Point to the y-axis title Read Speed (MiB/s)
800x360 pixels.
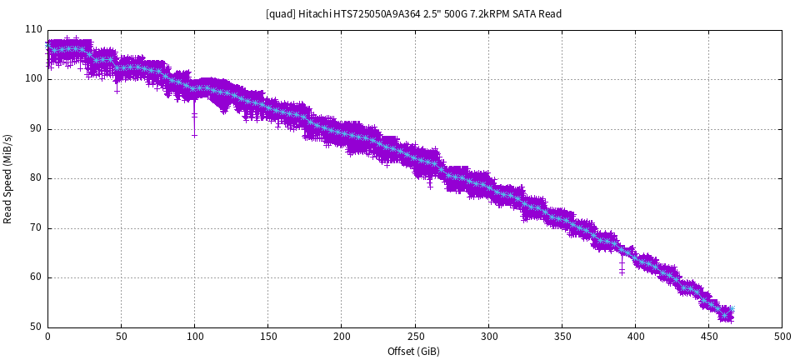click(8, 178)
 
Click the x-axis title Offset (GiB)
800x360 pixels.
click(413, 351)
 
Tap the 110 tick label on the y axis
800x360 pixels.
click(33, 29)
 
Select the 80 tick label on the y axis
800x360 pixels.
click(36, 178)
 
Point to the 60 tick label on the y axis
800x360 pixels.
click(36, 277)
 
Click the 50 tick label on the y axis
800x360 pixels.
click(36, 327)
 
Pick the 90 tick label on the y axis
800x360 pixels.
click(36, 128)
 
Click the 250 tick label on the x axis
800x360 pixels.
click(415, 336)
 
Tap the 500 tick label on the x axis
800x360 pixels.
click(782, 336)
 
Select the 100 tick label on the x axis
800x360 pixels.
click(194, 336)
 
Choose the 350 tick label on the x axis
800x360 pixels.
click(562, 336)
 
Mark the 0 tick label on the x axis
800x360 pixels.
click(47, 336)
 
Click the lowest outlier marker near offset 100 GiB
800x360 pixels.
click(194, 135)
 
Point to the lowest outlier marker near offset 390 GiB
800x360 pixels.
click(622, 272)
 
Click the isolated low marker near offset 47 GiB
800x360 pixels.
click(117, 91)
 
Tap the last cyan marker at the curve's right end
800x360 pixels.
click(732, 310)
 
